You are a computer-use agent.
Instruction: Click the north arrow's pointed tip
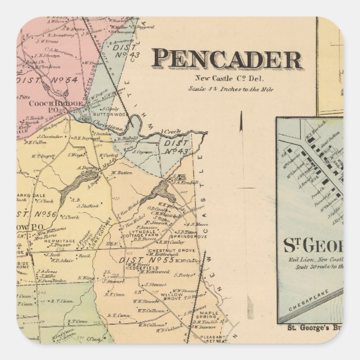[241, 112]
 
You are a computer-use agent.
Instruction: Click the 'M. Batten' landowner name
[121, 173]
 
